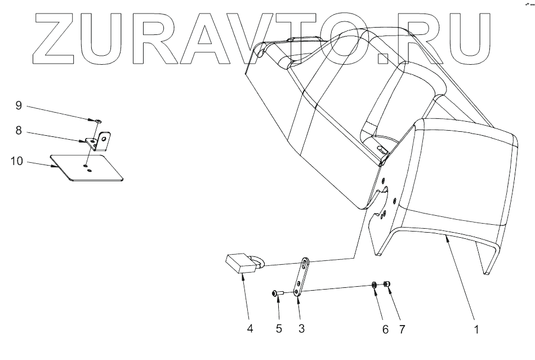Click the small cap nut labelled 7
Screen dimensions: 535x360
point(386,283)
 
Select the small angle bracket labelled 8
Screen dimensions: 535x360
point(101,141)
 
